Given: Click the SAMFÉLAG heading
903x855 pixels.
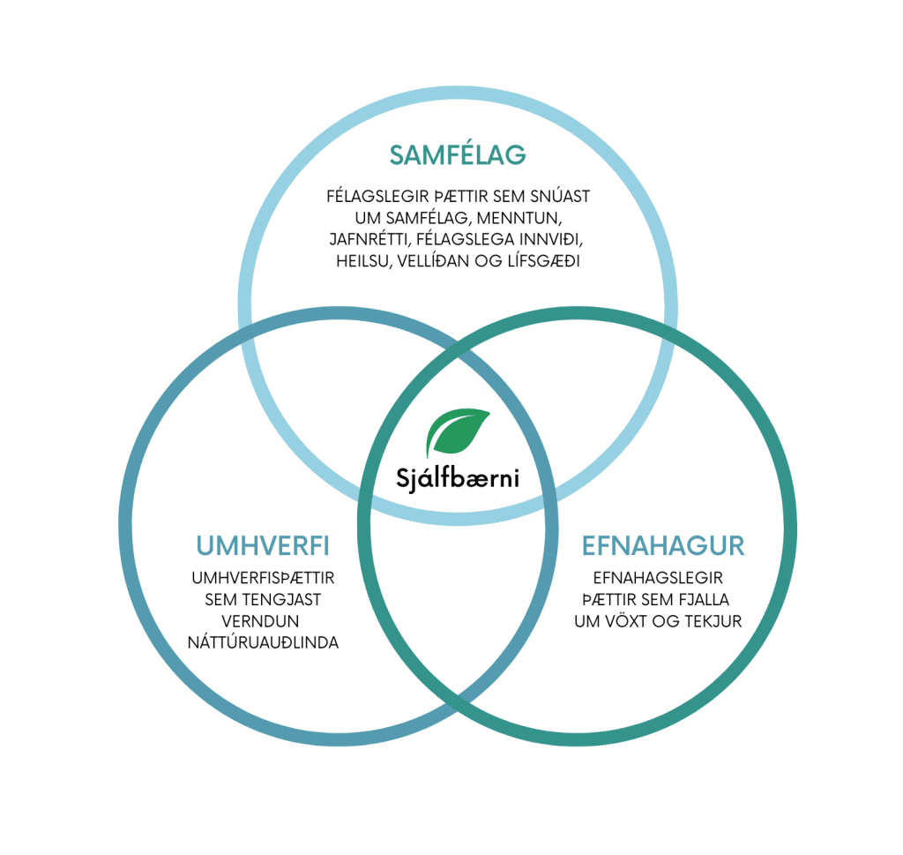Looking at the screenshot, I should tap(458, 155).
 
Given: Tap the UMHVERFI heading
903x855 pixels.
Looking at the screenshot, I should tap(263, 546).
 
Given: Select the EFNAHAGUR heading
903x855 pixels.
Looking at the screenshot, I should tap(663, 546).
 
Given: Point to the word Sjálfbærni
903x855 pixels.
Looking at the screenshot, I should tap(458, 480).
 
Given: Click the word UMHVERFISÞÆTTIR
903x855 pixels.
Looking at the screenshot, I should tap(263, 579).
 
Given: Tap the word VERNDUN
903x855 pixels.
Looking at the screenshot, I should tap(263, 621).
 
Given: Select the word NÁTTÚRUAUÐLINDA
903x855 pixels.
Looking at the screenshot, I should tap(263, 642).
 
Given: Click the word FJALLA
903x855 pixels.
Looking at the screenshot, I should tap(711, 600).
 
